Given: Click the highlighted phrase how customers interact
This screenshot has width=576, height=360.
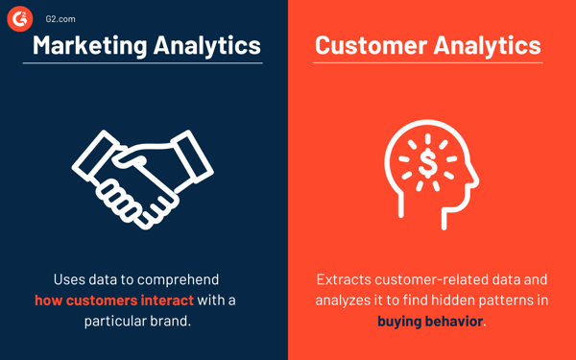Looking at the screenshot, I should (113, 300).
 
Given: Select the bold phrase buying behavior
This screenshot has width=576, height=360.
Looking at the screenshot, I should (430, 321).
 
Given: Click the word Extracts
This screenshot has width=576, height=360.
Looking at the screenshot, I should (345, 280).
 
